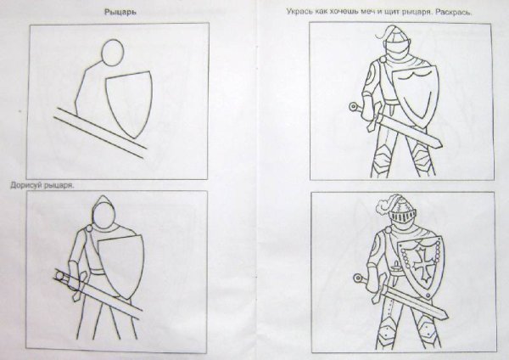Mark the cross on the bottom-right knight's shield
(417, 263)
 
